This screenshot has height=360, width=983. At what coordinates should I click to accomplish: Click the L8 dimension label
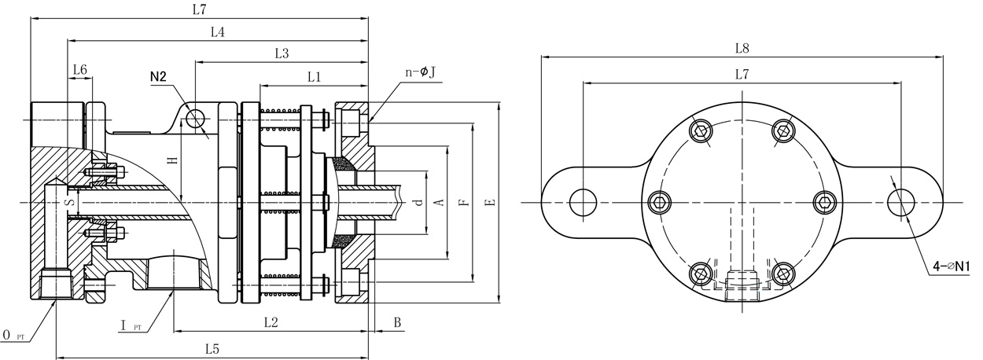[x=741, y=48]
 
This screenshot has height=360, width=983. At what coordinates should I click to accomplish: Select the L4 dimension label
[x=218, y=32]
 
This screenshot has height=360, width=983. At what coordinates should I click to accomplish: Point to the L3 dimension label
[x=282, y=53]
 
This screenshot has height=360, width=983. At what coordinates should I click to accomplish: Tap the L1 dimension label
[x=315, y=76]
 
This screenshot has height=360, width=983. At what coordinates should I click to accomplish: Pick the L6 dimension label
[x=79, y=70]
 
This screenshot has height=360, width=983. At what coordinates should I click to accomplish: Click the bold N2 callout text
[x=159, y=76]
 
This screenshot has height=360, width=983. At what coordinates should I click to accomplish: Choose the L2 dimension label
[x=271, y=321]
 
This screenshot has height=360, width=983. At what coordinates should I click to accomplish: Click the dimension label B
[x=397, y=322]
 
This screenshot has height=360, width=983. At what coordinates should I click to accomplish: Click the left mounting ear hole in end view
[x=582, y=202]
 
